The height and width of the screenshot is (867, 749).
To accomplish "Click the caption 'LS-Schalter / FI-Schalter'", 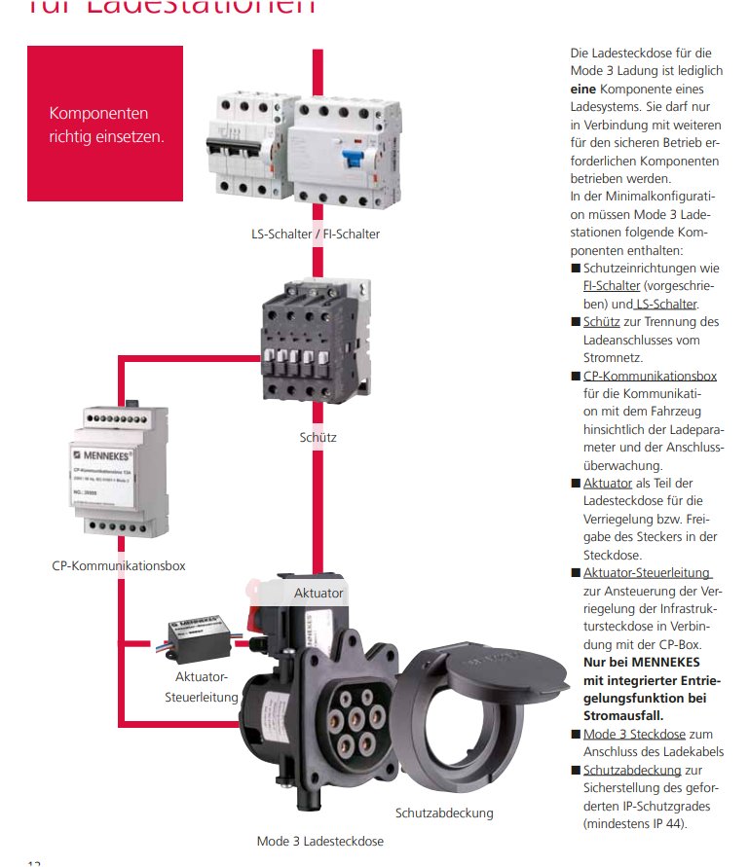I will [315, 234].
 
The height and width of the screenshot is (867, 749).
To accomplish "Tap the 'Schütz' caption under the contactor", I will [318, 437].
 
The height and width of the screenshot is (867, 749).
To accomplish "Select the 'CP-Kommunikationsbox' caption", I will [119, 564].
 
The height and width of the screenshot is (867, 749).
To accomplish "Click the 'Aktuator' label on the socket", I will [318, 592].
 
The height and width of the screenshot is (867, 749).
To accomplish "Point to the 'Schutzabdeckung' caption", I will [444, 813].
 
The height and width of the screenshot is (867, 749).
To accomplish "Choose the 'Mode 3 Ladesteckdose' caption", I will [319, 841].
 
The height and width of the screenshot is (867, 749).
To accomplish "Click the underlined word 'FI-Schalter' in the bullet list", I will [612, 286].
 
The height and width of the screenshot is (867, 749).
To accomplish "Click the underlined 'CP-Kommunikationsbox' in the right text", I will [650, 377].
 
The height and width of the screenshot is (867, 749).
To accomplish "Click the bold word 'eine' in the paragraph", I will [582, 88].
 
